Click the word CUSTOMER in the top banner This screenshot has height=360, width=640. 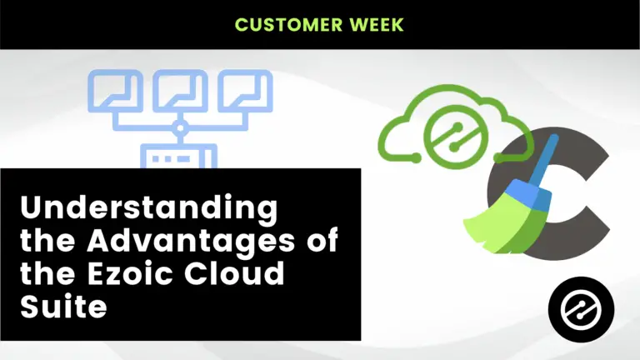288,25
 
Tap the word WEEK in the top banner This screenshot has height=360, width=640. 377,25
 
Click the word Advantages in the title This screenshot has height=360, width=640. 191,241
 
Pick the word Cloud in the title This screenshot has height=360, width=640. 234,272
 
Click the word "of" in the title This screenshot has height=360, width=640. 322,240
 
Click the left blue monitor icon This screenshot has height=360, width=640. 116,91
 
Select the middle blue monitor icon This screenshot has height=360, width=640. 180,91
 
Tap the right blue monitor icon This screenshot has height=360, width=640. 245,91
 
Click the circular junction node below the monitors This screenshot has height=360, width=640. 180,128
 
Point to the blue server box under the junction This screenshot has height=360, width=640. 179,156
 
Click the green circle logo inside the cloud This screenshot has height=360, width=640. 456,137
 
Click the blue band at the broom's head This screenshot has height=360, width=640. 527,192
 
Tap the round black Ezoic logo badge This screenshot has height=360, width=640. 581,309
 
